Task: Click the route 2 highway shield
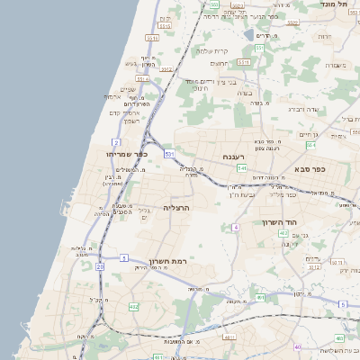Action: pos(116,142)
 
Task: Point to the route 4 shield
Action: pos(236,227)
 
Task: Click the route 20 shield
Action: pos(99,265)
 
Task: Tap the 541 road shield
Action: pos(242,168)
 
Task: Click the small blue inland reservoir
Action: pos(248,34)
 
